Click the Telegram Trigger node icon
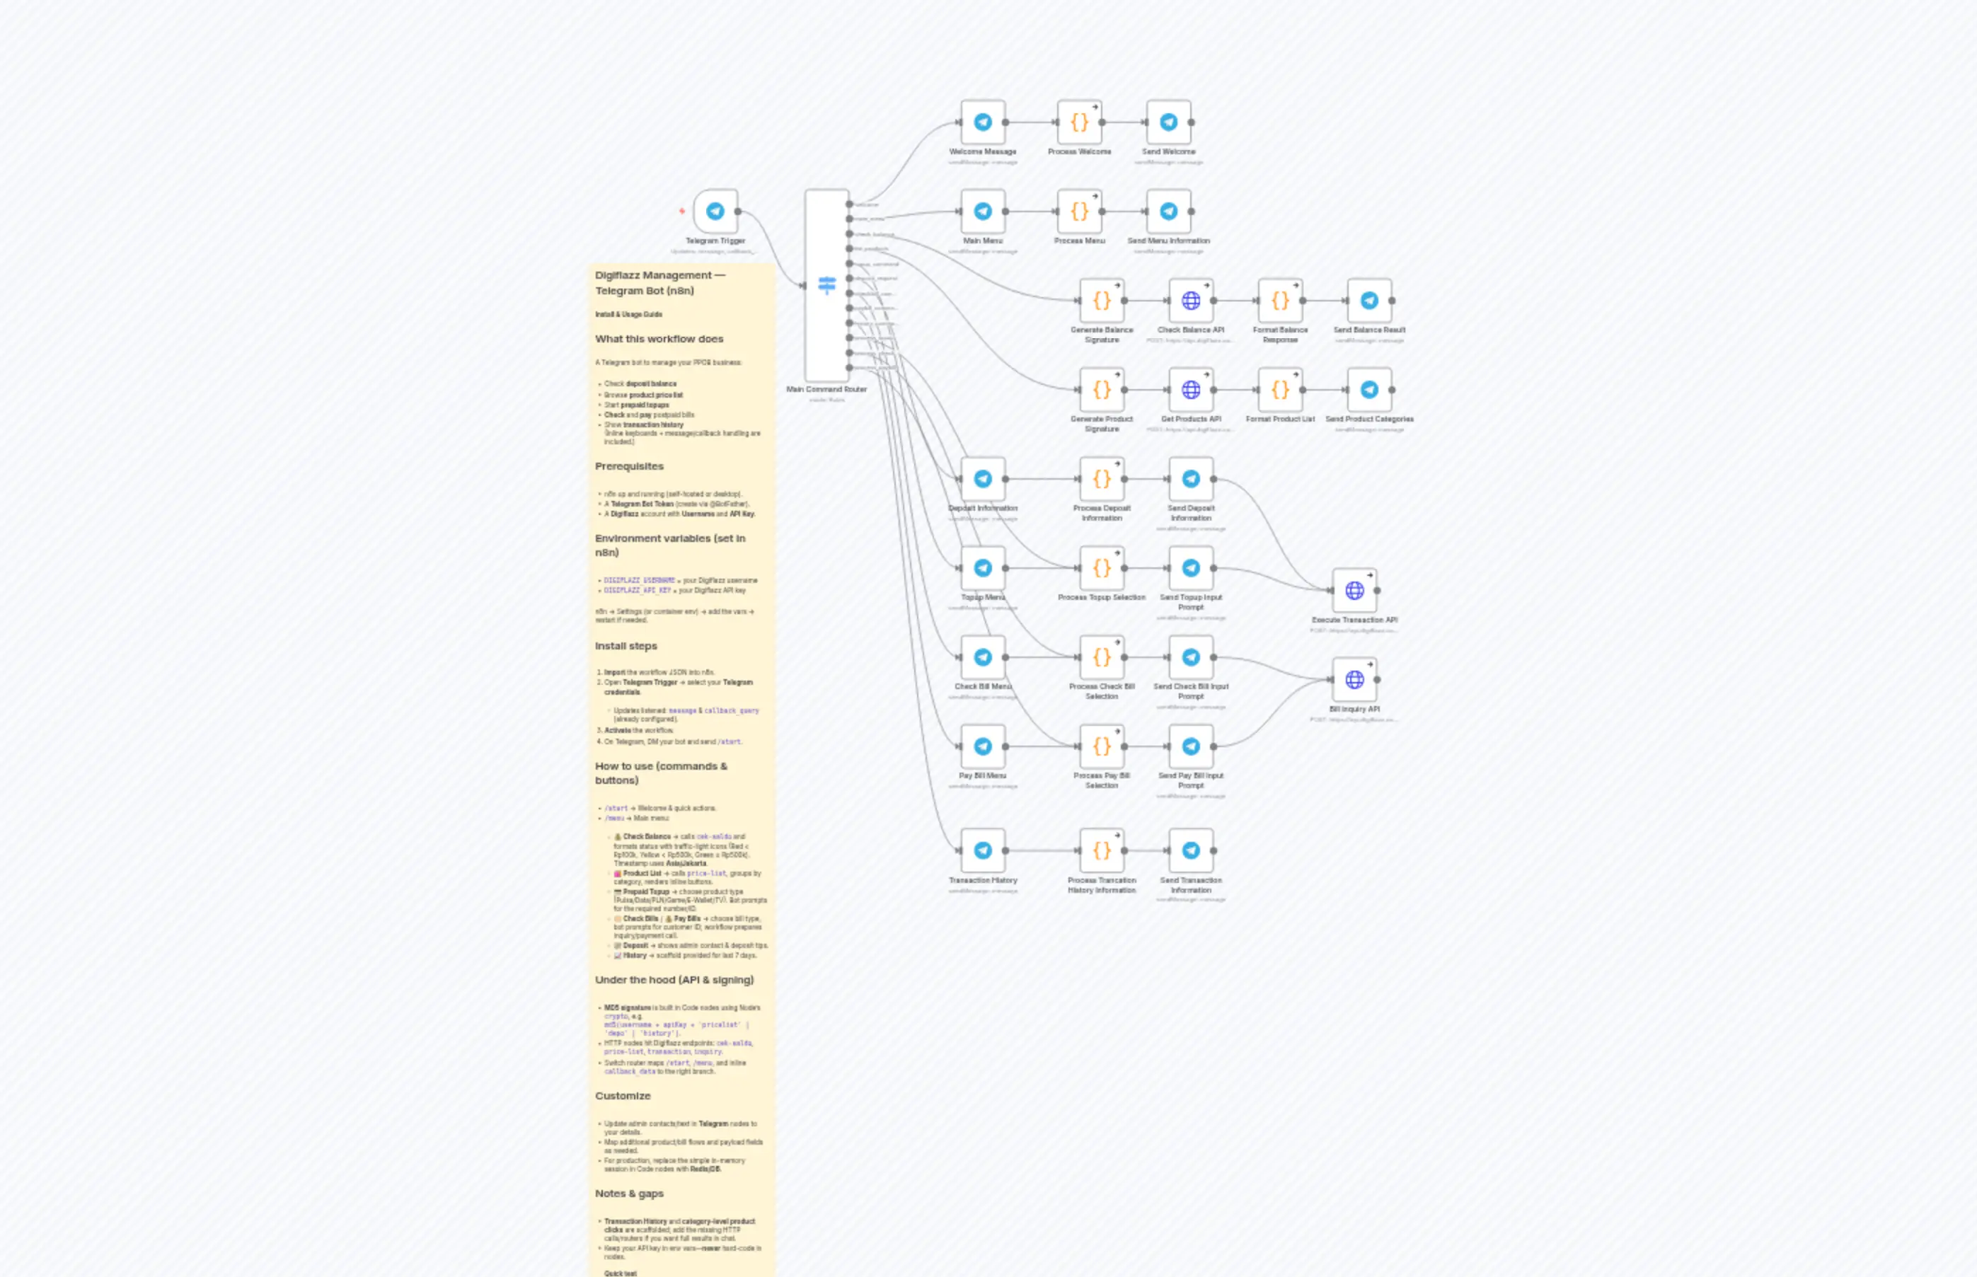pos(715,212)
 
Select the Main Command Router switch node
pos(826,285)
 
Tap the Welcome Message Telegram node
pos(983,122)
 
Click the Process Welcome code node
pos(1079,122)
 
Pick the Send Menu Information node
pos(1168,212)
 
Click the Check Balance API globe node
pos(1191,301)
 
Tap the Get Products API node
pos(1191,390)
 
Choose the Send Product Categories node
pos(1369,390)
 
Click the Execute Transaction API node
pos(1354,591)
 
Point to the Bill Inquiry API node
pos(1354,680)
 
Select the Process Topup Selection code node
pos(1101,568)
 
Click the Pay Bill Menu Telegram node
pos(983,746)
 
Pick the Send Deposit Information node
pos(1191,479)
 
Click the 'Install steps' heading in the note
pos(626,646)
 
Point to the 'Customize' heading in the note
pos(622,1096)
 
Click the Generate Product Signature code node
pos(1101,390)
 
